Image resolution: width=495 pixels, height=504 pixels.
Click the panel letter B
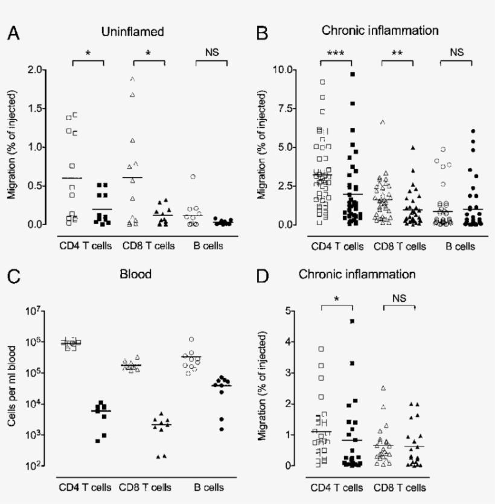pos(262,33)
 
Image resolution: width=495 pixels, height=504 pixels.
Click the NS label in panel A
pos(211,53)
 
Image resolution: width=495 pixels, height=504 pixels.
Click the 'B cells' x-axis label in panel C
pos(209,486)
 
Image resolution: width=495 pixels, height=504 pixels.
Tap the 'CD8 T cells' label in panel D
pos(399,486)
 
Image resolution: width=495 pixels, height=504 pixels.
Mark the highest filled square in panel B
pos(353,74)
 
